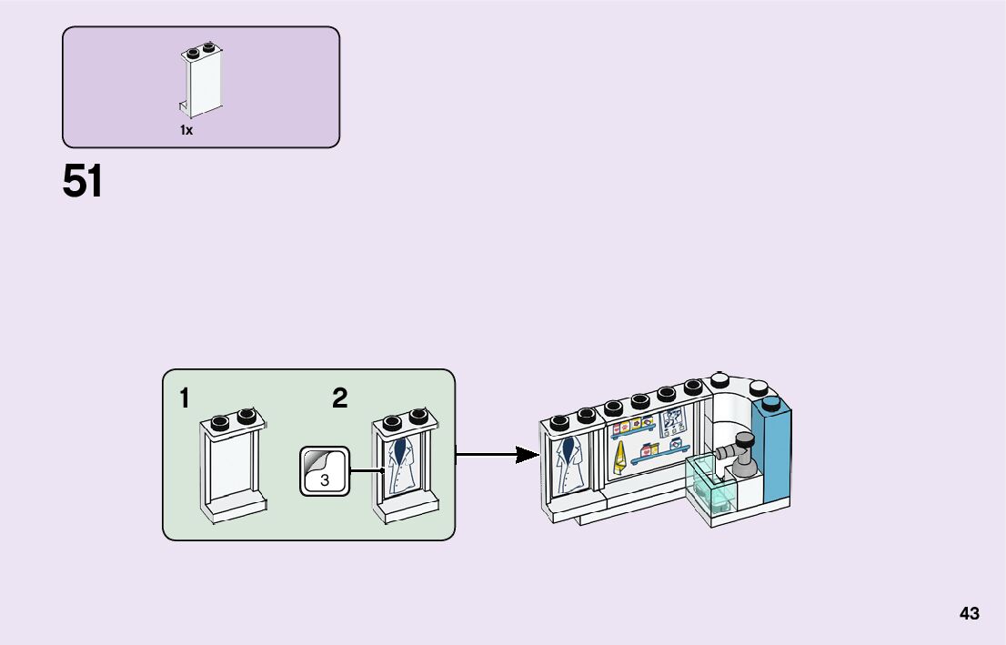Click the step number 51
tap(83, 182)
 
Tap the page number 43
tap(969, 614)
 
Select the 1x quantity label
tap(186, 130)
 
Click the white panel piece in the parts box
tap(202, 83)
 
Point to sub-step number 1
tap(185, 398)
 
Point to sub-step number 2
tap(339, 398)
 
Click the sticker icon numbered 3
tap(324, 471)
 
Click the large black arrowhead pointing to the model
tap(528, 454)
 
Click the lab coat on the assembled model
tap(571, 465)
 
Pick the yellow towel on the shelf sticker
tap(619, 459)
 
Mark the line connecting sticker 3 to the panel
tap(364, 470)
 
